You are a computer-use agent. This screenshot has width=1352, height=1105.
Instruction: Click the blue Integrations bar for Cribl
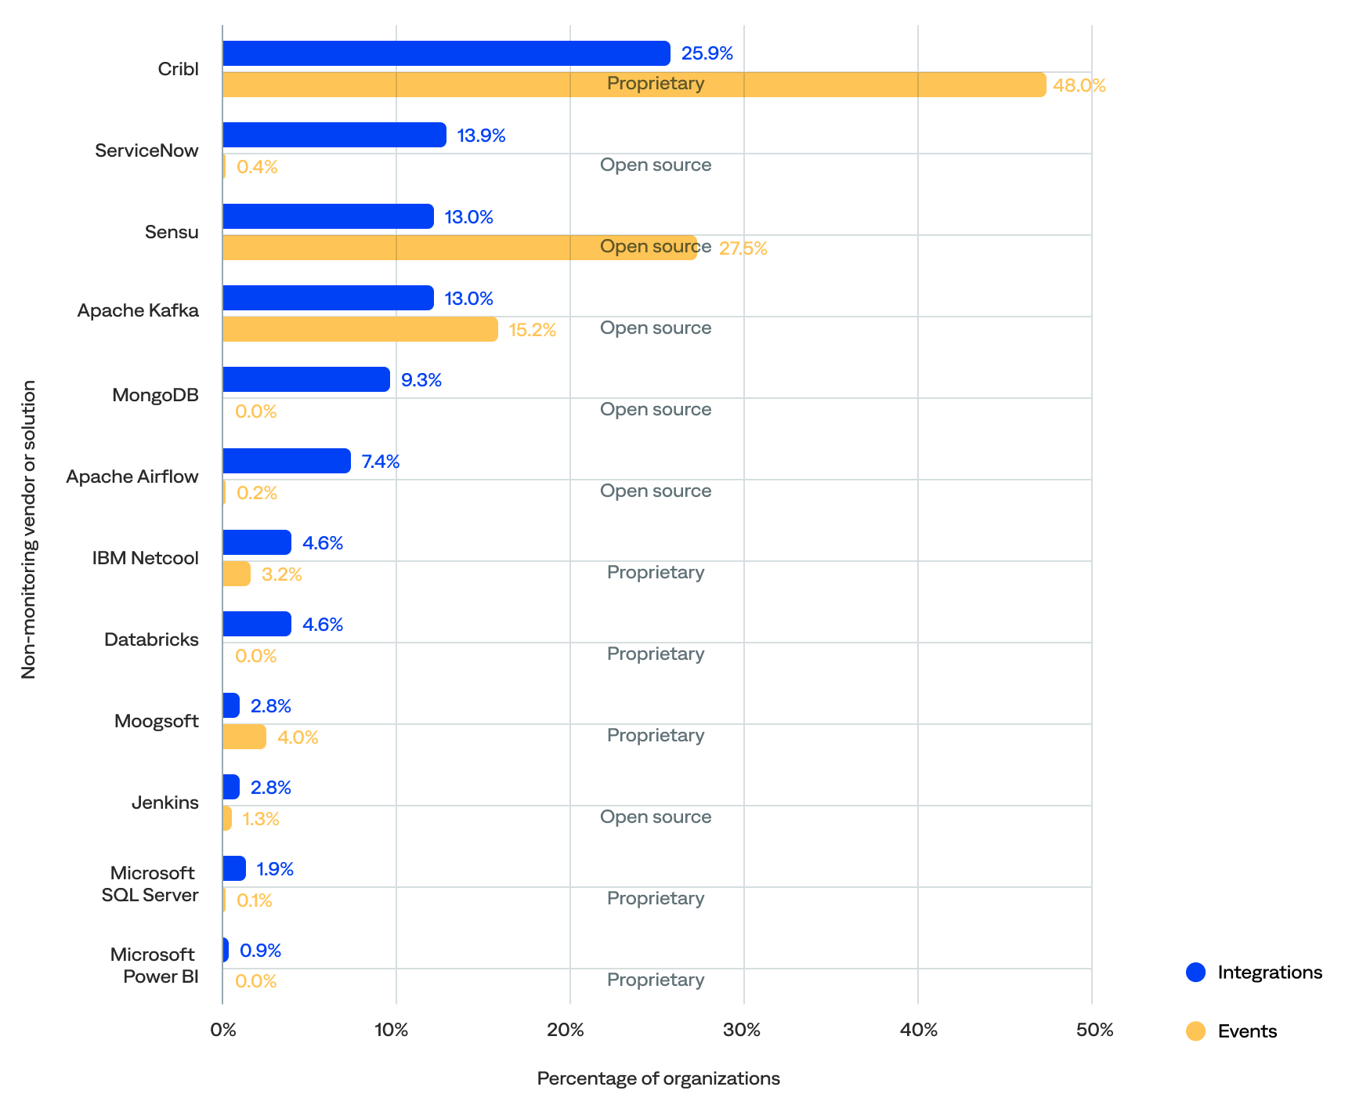446,53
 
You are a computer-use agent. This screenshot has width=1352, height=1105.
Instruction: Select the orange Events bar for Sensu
459,248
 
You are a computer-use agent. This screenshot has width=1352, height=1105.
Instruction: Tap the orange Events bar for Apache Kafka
360,329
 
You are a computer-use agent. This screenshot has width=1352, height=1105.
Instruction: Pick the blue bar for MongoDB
306,379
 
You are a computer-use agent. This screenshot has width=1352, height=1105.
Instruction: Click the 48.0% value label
1079,85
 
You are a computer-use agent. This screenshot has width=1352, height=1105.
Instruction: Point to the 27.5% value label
743,248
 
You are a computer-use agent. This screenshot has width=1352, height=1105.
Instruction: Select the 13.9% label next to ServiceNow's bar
481,136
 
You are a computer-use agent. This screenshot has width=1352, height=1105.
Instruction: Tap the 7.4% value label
381,462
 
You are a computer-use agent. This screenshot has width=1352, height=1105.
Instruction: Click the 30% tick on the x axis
742,1030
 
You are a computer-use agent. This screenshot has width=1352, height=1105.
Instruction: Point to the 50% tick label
1094,1030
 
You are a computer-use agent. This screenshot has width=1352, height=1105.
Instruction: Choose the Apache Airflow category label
132,476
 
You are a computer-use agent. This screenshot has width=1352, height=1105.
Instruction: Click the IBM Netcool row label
146,558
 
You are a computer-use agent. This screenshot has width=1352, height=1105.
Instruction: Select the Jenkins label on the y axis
165,802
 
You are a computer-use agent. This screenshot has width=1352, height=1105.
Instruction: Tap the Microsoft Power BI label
154,966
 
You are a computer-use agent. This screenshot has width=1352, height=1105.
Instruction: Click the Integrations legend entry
1269,973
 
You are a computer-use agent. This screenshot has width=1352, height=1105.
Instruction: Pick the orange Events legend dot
1196,1031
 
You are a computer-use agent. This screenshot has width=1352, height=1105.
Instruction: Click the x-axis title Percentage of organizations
658,1078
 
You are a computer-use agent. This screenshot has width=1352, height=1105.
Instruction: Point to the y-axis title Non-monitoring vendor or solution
29,529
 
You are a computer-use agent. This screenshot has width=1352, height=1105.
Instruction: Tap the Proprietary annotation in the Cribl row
656,83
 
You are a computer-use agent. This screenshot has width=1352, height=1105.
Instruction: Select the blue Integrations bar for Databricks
257,624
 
